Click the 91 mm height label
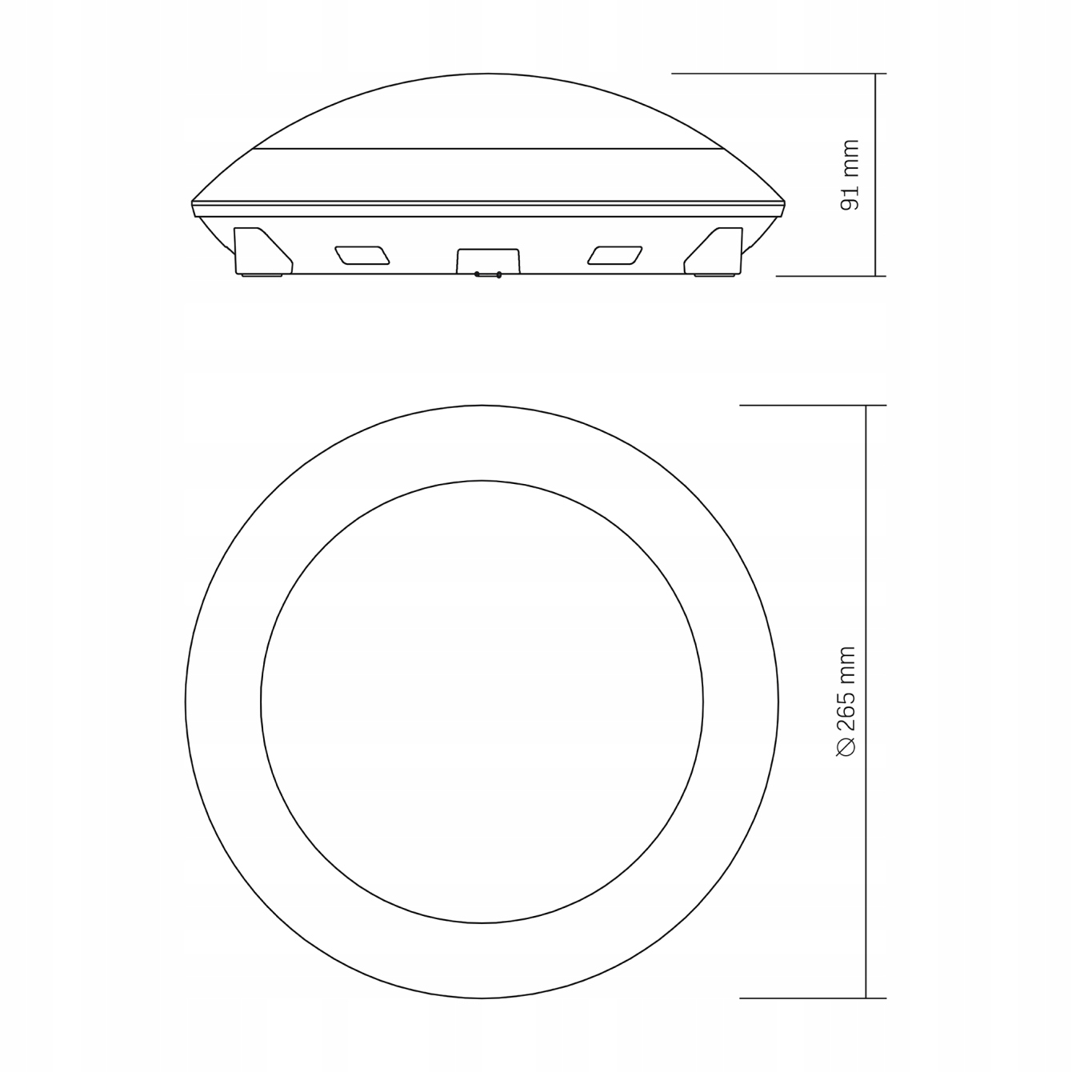coord(850,174)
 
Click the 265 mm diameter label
coord(846,701)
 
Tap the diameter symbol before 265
coord(846,746)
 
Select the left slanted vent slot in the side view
coord(362,254)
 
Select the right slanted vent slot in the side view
coord(614,254)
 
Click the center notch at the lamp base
coord(488,261)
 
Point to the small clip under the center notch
coord(488,274)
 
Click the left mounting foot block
coord(263,251)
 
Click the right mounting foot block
coord(713,251)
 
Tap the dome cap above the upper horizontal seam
coord(488,110)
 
